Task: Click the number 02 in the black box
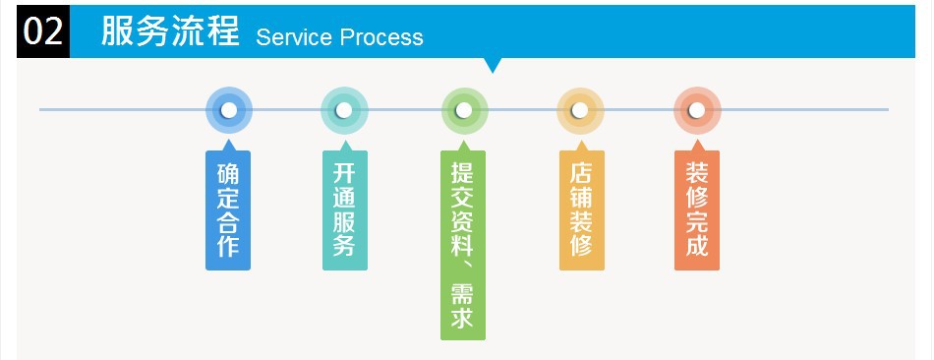(x=43, y=31)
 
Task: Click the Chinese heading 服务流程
(x=170, y=30)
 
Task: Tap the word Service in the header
(x=294, y=37)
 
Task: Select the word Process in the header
(x=381, y=37)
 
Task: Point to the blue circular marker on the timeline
(x=229, y=110)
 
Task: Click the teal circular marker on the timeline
(x=344, y=110)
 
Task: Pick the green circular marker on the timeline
(x=465, y=110)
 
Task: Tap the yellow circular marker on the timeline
(x=580, y=110)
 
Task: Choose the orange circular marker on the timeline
(x=697, y=110)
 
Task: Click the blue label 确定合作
(x=228, y=210)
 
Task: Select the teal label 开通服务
(x=345, y=210)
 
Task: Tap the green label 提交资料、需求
(x=463, y=245)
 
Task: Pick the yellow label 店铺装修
(x=582, y=210)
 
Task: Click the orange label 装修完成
(x=697, y=210)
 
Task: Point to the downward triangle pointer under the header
(x=492, y=65)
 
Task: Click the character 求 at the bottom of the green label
(x=463, y=317)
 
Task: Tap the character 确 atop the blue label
(x=228, y=173)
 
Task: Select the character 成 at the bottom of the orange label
(x=697, y=246)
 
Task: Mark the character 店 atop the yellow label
(x=582, y=173)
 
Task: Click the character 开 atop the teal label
(x=345, y=173)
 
